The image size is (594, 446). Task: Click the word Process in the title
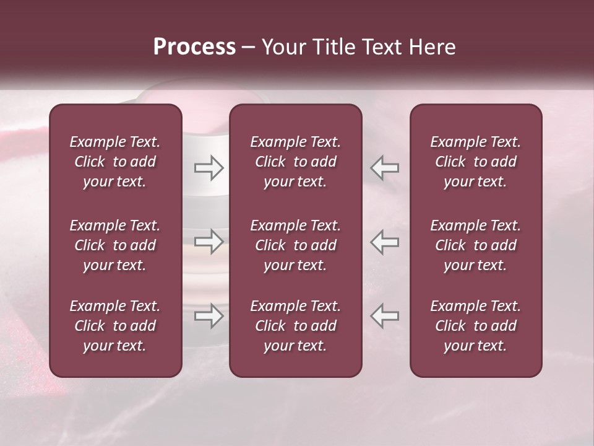pyautogui.click(x=194, y=47)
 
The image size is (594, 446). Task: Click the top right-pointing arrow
pyautogui.click(x=209, y=168)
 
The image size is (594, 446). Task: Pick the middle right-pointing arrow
pyautogui.click(x=209, y=242)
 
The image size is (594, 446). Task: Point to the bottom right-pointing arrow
pyautogui.click(x=209, y=316)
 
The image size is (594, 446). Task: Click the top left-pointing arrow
pyautogui.click(x=385, y=168)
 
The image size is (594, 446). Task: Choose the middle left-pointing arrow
pyautogui.click(x=385, y=242)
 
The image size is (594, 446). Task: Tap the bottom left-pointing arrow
pyautogui.click(x=385, y=316)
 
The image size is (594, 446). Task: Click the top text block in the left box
pyautogui.click(x=115, y=162)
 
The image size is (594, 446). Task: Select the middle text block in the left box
pyautogui.click(x=115, y=245)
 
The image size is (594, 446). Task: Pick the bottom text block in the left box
pyautogui.click(x=115, y=326)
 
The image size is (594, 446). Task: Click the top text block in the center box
pyautogui.click(x=296, y=162)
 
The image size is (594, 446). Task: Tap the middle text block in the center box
pyautogui.click(x=296, y=245)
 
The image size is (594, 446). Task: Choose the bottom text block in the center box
pyautogui.click(x=296, y=326)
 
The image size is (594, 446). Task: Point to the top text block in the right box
pyautogui.click(x=476, y=162)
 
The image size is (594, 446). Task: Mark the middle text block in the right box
pyautogui.click(x=476, y=245)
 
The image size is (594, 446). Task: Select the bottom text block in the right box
pyautogui.click(x=476, y=326)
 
